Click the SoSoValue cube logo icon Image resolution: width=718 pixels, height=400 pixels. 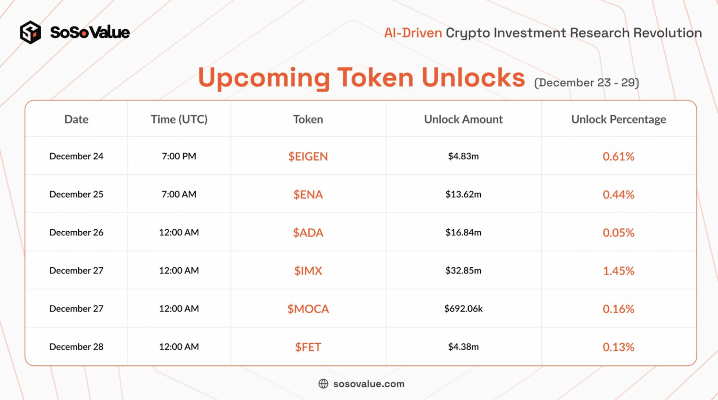coord(30,32)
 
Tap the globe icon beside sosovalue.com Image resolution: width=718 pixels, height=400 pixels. coord(323,384)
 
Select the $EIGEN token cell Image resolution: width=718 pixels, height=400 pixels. coord(308,156)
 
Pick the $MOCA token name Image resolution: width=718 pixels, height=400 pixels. coord(308,309)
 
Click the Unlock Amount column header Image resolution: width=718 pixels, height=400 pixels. coord(463,119)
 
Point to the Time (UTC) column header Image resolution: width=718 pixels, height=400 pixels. coord(179,119)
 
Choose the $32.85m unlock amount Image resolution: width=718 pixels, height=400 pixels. coord(463,270)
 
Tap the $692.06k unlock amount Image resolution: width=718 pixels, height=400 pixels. coord(463,309)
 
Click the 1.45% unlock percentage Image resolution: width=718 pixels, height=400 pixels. coord(618,271)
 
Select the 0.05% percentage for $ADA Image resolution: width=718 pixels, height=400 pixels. coord(618,232)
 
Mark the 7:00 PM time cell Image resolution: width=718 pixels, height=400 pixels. coord(179,156)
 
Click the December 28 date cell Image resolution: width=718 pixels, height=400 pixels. coord(76,347)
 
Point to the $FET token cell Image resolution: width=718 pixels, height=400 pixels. coord(308,347)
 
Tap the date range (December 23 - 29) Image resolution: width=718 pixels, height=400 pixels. coord(587,83)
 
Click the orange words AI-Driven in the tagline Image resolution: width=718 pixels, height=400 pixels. coord(413,33)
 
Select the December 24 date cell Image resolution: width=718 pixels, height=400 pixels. coord(76,156)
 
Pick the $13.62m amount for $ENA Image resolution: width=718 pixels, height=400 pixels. coord(463,194)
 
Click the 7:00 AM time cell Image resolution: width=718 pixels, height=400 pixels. coord(179,194)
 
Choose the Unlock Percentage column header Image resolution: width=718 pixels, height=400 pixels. coord(619,119)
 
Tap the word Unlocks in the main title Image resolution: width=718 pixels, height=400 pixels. coord(473,78)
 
